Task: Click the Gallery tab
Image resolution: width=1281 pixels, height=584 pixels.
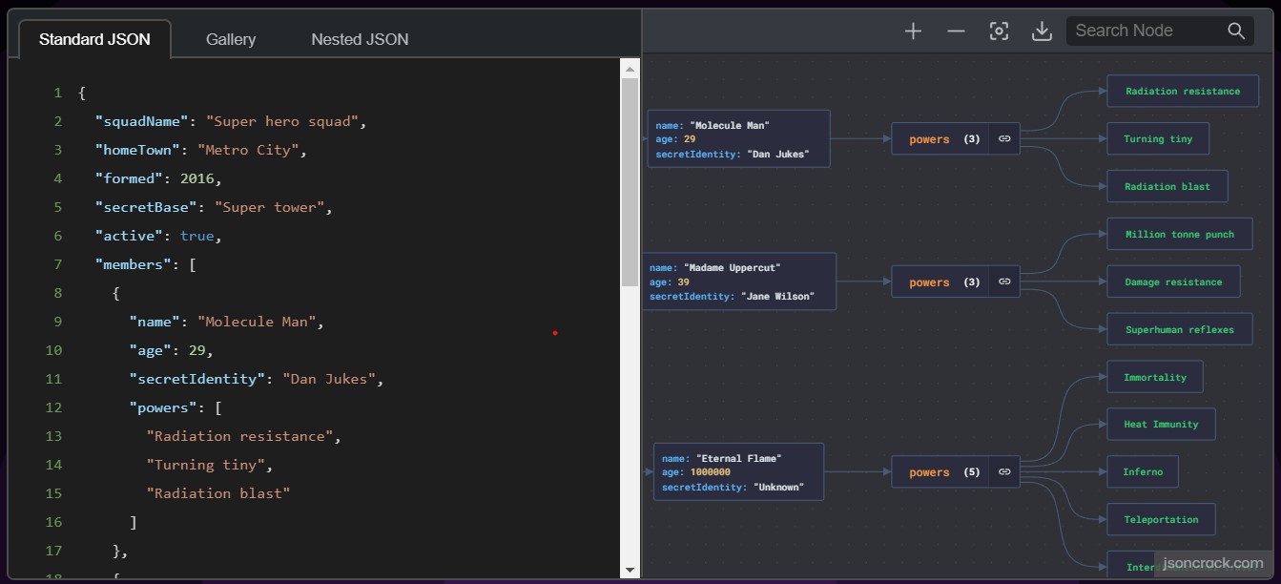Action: [x=231, y=39]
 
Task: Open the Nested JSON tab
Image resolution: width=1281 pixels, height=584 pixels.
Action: [x=360, y=39]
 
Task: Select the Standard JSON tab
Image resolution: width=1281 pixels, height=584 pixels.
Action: [x=95, y=39]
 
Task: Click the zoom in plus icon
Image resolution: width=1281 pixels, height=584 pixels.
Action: [x=913, y=31]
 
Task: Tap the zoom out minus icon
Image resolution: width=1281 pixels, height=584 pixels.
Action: [x=956, y=31]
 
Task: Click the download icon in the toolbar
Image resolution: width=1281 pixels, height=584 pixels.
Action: [x=1042, y=31]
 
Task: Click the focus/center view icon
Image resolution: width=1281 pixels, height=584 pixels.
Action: [x=999, y=31]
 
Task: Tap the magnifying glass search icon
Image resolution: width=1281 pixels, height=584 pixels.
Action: [x=1236, y=31]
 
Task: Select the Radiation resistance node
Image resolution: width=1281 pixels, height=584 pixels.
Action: [x=1183, y=91]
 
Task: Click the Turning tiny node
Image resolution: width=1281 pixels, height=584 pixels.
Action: [x=1158, y=138]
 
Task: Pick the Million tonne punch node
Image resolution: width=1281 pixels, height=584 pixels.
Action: [x=1180, y=234]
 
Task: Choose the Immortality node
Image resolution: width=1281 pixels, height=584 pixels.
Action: [x=1155, y=377]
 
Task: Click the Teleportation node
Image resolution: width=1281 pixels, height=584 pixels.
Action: [x=1161, y=519]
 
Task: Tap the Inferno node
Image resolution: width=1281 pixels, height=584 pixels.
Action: [x=1143, y=472]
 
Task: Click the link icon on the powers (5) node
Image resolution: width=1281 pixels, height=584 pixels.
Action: [x=1004, y=472]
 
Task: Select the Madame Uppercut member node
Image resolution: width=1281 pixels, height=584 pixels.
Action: [x=739, y=282]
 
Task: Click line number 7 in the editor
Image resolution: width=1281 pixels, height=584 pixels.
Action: [x=58, y=264]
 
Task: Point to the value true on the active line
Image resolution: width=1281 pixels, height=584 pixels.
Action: [x=196, y=236]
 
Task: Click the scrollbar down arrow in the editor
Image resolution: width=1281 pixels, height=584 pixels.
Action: [x=630, y=570]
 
